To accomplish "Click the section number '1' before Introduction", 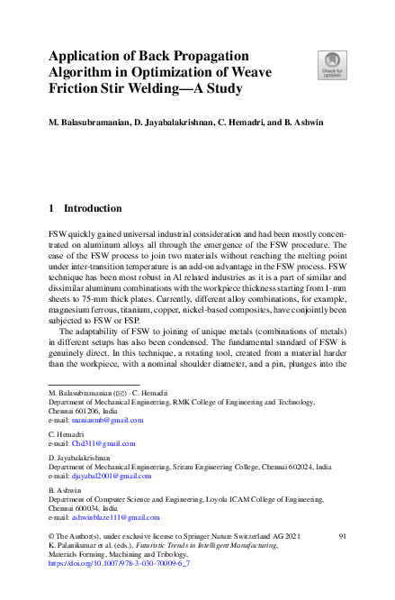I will pyautogui.click(x=51, y=207).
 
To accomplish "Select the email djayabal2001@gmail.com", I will pyautogui.click(x=111, y=476).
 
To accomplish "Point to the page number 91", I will pyautogui.click(x=342, y=536).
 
